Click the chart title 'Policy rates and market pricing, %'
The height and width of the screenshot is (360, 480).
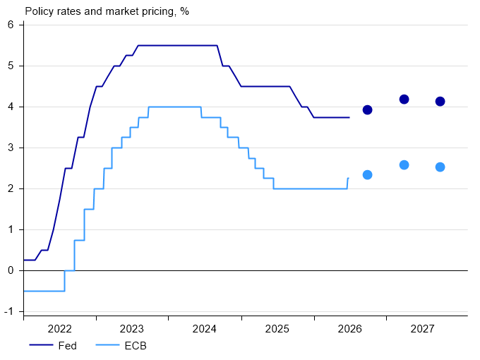point(107,11)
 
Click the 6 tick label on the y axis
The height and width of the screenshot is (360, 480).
point(11,25)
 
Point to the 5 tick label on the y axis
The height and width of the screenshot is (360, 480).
point(11,66)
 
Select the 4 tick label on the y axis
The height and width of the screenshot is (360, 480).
point(11,107)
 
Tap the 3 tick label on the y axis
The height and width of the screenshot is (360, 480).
point(11,148)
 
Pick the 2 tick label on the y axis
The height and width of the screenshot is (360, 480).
point(11,188)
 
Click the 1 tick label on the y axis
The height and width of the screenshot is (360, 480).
point(11,229)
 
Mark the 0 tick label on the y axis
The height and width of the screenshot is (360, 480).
point(11,270)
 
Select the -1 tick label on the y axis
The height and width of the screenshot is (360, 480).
point(9,311)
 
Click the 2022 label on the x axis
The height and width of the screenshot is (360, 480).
point(60,329)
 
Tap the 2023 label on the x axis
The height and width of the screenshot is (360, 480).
point(131,329)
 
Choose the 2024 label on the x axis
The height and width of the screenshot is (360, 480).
point(204,329)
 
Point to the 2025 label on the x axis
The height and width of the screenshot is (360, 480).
point(277,329)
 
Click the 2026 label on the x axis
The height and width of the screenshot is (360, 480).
point(349,329)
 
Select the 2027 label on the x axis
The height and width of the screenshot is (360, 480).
point(422,329)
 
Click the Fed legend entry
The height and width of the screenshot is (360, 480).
point(53,346)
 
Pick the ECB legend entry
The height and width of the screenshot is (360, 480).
point(121,346)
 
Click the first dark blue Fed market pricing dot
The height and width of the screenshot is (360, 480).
point(367,110)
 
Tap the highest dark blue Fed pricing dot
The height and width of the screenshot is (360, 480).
point(404,100)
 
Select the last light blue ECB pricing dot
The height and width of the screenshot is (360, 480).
point(440,167)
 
